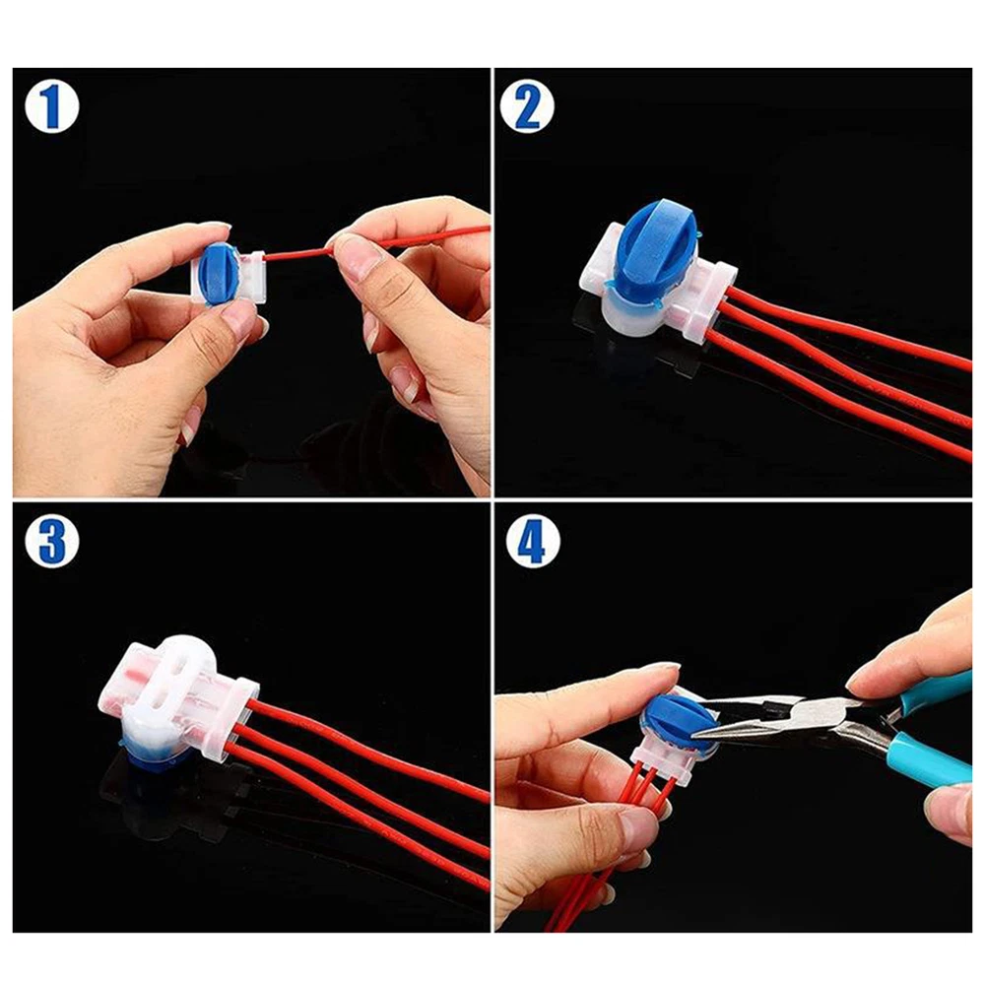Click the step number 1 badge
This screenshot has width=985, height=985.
pyautogui.click(x=52, y=106)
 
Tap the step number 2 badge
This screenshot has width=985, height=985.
pyautogui.click(x=527, y=106)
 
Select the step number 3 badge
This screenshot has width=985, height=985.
pyautogui.click(x=52, y=542)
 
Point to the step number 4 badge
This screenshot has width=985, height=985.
pyautogui.click(x=532, y=542)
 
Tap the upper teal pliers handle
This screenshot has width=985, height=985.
pyautogui.click(x=935, y=688)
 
